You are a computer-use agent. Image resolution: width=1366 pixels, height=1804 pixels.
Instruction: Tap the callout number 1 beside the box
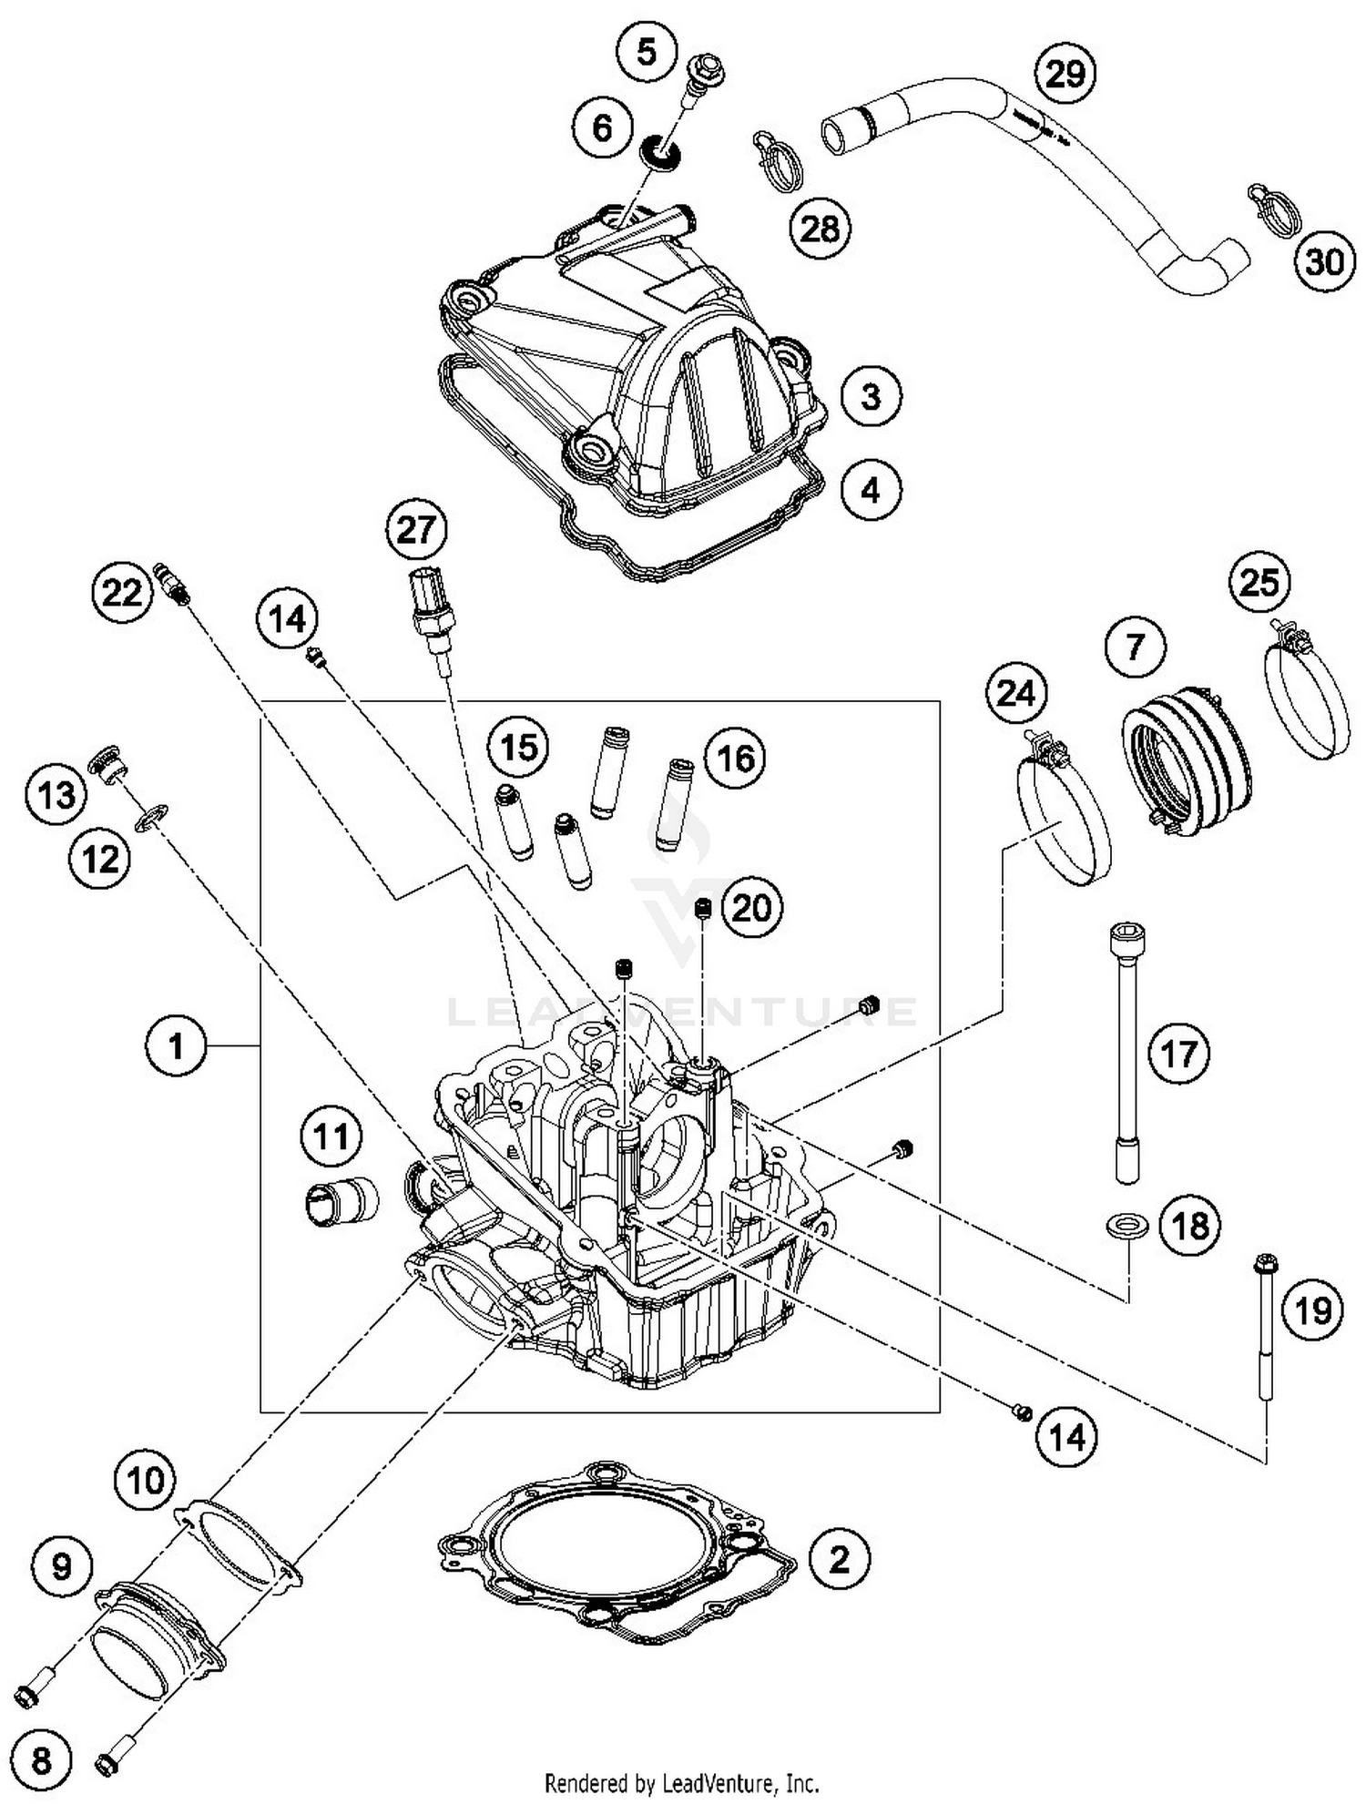point(176,1046)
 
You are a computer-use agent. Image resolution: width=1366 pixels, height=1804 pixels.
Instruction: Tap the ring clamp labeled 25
point(1307,692)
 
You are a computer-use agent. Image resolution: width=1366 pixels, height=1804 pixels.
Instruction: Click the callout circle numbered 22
point(121,594)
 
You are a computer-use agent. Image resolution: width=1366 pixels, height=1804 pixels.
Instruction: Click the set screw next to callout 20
point(702,908)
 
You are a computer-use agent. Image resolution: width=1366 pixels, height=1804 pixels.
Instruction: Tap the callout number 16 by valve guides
point(737,758)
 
